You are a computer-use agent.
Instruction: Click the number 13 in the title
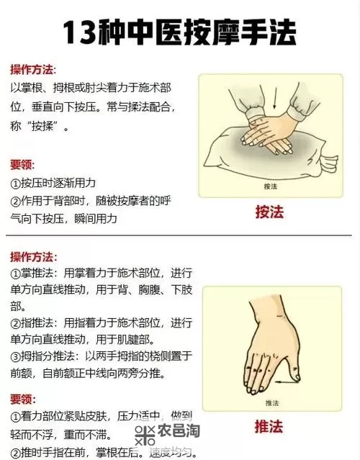tap(80, 32)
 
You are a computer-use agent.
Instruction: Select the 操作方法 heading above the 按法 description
tap(32, 70)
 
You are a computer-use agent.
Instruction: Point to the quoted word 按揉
tap(44, 127)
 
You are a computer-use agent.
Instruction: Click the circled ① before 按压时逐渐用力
tap(16, 183)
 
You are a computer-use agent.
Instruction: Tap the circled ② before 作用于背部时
tap(16, 200)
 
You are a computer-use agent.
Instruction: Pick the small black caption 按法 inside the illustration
tap(271, 186)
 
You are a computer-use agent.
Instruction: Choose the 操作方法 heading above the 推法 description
tap(32, 256)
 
